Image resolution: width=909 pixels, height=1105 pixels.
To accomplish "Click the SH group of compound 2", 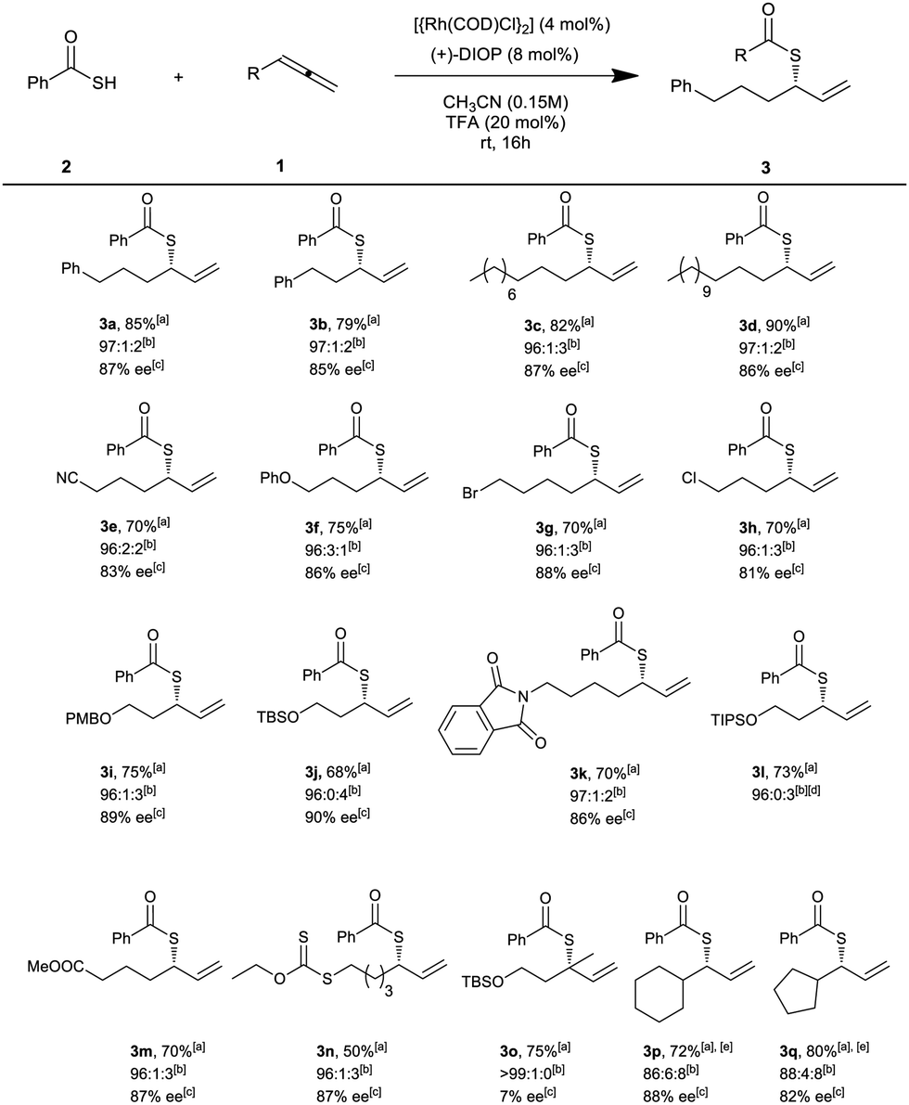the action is pyautogui.click(x=104, y=84).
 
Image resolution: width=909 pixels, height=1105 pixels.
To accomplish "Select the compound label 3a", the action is pyautogui.click(x=109, y=325).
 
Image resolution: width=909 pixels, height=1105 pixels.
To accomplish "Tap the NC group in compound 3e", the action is pyautogui.click(x=68, y=479).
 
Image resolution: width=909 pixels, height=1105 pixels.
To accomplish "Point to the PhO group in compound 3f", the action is pyautogui.click(x=275, y=479).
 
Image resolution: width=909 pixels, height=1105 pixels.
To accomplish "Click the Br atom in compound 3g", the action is pyautogui.click(x=470, y=494).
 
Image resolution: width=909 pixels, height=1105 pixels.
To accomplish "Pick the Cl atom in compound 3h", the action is pyautogui.click(x=689, y=479).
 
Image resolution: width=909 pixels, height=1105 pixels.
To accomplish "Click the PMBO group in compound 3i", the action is pyautogui.click(x=89, y=719).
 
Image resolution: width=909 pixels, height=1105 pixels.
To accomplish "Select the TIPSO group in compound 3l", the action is pyautogui.click(x=735, y=720).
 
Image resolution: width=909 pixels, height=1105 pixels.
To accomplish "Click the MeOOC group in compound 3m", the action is pyautogui.click(x=57, y=966).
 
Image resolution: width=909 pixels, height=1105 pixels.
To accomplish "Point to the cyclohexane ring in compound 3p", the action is pyautogui.click(x=659, y=1001).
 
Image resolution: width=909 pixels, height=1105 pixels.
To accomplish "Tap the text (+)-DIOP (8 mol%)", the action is pyautogui.click(x=504, y=54).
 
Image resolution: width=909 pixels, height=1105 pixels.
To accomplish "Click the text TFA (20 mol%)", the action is pyautogui.click(x=506, y=122).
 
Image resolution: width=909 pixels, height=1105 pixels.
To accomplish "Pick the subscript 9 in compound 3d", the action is pyautogui.click(x=707, y=291).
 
